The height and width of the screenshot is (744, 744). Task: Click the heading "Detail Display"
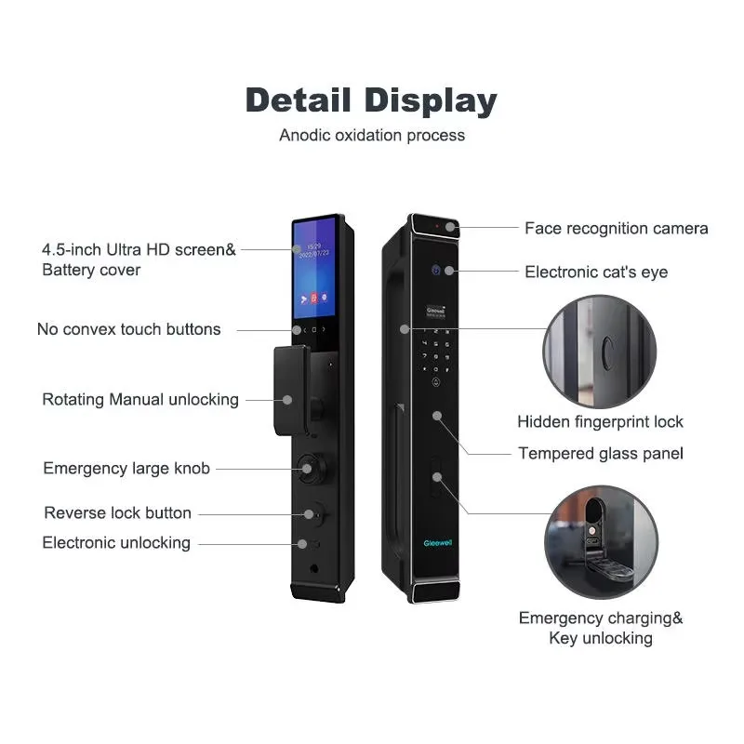pyautogui.click(x=371, y=100)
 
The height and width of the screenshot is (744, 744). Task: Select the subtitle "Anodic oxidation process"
pyautogui.click(x=372, y=135)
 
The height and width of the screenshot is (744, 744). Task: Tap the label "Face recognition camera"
pyautogui.click(x=617, y=228)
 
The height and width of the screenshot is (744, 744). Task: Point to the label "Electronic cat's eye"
pyautogui.click(x=596, y=272)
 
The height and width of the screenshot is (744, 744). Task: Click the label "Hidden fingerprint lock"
pyautogui.click(x=600, y=421)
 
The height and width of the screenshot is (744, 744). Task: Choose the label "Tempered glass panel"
pyautogui.click(x=601, y=453)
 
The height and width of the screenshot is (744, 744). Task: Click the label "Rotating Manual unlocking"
pyautogui.click(x=140, y=400)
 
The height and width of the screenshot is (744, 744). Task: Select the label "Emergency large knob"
pyautogui.click(x=126, y=469)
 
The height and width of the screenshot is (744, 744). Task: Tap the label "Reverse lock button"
pyautogui.click(x=118, y=513)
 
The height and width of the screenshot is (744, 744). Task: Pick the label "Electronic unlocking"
pyautogui.click(x=116, y=543)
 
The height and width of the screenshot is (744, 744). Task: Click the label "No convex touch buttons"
pyautogui.click(x=128, y=329)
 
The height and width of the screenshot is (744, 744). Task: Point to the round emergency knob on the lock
pyautogui.click(x=312, y=470)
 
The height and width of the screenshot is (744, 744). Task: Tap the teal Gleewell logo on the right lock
pyautogui.click(x=438, y=543)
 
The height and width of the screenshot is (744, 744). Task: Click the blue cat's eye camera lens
pyautogui.click(x=436, y=271)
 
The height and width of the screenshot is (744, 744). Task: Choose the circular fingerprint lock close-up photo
pyautogui.click(x=600, y=352)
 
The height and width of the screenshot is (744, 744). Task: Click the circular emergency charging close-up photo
pyautogui.click(x=601, y=542)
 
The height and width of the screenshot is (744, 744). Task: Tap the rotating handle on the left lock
pyautogui.click(x=291, y=391)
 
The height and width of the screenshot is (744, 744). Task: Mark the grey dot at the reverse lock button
pyautogui.click(x=309, y=514)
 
